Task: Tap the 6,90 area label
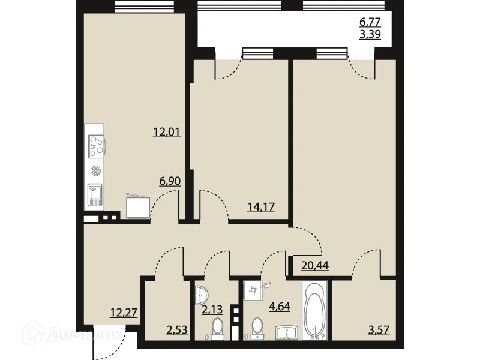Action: [170, 180]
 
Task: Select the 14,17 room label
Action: [261, 208]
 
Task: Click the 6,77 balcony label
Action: [370, 22]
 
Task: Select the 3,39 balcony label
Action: [370, 34]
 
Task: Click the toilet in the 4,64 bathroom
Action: [257, 329]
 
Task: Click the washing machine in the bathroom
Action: [254, 291]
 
